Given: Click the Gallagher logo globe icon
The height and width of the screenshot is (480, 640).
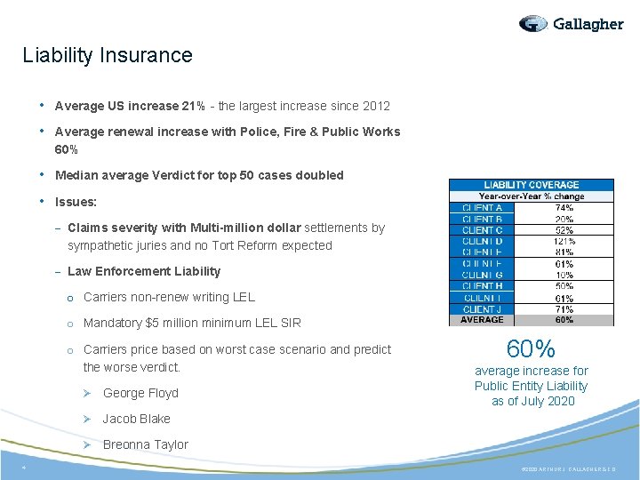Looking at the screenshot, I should tap(533, 24).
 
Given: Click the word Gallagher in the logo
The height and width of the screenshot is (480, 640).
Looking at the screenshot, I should tap(588, 24).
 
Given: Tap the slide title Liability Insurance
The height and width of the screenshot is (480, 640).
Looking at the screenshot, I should tap(108, 55).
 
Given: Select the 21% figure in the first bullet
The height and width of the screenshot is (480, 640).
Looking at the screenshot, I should tap(194, 106).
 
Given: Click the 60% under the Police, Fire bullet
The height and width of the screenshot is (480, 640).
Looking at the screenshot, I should tap(67, 149).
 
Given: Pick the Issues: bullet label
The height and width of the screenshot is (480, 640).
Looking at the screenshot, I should tap(76, 202).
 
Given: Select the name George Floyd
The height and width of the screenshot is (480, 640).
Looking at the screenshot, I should tap(140, 393).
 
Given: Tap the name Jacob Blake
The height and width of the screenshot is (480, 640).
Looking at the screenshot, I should tap(137, 419).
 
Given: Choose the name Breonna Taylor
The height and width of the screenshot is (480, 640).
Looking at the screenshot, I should tap(146, 444).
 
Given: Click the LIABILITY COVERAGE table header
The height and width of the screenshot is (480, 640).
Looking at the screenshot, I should tap(531, 185).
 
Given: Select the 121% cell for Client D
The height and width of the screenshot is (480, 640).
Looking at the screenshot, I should tap(564, 241).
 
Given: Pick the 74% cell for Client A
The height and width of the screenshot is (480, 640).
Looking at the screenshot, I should tap(564, 207).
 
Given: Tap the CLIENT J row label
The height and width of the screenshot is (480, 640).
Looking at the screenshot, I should tap(482, 309).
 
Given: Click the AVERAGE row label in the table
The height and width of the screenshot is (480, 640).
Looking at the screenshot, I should tap(482, 320).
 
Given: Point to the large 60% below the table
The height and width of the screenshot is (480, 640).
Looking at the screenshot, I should tap(531, 349).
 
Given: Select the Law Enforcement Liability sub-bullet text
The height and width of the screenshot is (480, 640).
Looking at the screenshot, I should tap(144, 271).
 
